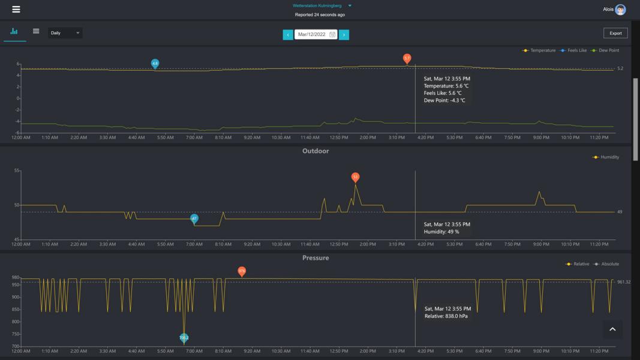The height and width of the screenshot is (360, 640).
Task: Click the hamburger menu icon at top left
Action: tap(16, 9)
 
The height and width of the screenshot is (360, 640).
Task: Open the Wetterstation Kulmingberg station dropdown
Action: tap(350, 6)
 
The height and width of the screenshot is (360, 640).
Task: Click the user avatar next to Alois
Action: tap(620, 10)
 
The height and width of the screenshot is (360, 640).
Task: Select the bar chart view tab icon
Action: tap(14, 32)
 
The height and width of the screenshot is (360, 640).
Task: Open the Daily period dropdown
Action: tap(65, 33)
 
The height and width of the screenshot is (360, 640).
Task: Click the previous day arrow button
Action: tap(288, 35)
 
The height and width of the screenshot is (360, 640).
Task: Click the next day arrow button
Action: tap(344, 35)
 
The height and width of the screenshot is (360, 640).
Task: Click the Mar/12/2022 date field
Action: tap(316, 35)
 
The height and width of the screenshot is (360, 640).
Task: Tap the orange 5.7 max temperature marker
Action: tap(407, 58)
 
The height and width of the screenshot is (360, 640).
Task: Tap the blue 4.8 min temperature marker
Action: tap(155, 63)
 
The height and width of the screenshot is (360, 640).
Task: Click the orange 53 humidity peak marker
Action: tap(355, 177)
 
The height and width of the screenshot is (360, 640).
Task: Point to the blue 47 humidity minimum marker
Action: tap(194, 218)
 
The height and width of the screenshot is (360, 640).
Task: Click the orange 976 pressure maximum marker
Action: tap(242, 271)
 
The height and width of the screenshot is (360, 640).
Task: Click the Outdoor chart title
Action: tap(316, 151)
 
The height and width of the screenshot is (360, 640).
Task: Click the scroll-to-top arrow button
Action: tap(612, 329)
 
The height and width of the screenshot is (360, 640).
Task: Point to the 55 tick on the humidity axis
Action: tap(16, 171)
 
